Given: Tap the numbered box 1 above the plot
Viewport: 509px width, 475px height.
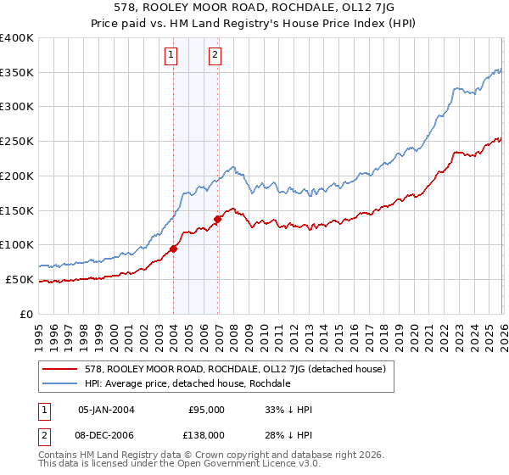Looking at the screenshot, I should (171, 56).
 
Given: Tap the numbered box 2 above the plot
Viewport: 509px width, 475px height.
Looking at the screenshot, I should (215, 56).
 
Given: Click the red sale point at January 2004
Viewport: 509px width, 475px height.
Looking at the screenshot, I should (173, 249).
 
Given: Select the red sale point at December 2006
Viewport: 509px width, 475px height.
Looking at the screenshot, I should (217, 219).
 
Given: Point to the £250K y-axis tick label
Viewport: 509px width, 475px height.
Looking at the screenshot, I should (17, 142).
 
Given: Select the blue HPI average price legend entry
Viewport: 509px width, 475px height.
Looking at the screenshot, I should (187, 383).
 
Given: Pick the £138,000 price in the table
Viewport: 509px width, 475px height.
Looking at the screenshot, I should (206, 434).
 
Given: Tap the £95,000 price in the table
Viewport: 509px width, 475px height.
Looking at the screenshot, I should (206, 410).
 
